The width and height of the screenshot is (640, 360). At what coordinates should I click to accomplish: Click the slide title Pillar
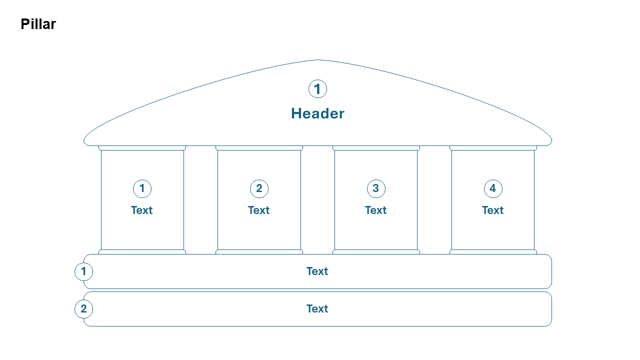pyautogui.click(x=38, y=24)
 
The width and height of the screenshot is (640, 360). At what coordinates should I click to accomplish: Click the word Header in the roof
pyautogui.click(x=317, y=113)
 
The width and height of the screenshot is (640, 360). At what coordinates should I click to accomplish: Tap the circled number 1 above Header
pyautogui.click(x=317, y=89)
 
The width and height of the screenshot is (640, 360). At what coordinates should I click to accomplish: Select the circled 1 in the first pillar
pyautogui.click(x=142, y=188)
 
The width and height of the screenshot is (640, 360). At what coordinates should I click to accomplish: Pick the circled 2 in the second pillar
pyautogui.click(x=259, y=188)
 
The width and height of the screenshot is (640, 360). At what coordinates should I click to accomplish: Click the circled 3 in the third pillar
pyautogui.click(x=376, y=188)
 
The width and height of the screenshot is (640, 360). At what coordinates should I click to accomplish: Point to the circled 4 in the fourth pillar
pyautogui.click(x=493, y=188)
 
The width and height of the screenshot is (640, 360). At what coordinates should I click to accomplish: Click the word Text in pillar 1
pyautogui.click(x=142, y=210)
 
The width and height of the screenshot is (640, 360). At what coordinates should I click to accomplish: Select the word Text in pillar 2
pyautogui.click(x=259, y=210)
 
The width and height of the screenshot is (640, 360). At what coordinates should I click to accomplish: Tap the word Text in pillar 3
pyautogui.click(x=376, y=210)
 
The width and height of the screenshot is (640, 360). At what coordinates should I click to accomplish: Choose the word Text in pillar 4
pyautogui.click(x=493, y=210)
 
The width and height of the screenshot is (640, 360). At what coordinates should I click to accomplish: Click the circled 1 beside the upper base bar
pyautogui.click(x=83, y=271)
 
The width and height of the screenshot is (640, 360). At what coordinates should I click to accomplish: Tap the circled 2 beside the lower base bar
pyautogui.click(x=83, y=309)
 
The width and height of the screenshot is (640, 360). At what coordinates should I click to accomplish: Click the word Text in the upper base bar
pyautogui.click(x=317, y=271)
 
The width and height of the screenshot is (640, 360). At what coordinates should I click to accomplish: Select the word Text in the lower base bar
pyautogui.click(x=317, y=309)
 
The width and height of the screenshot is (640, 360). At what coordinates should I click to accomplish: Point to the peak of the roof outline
pyautogui.click(x=317, y=60)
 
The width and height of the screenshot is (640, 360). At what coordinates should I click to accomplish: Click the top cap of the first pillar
pyautogui.click(x=142, y=148)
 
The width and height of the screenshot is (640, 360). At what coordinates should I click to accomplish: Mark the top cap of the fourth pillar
pyautogui.click(x=493, y=148)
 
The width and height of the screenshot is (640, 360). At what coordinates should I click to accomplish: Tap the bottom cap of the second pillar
pyautogui.click(x=259, y=252)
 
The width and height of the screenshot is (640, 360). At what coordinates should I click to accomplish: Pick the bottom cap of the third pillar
pyautogui.click(x=376, y=252)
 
